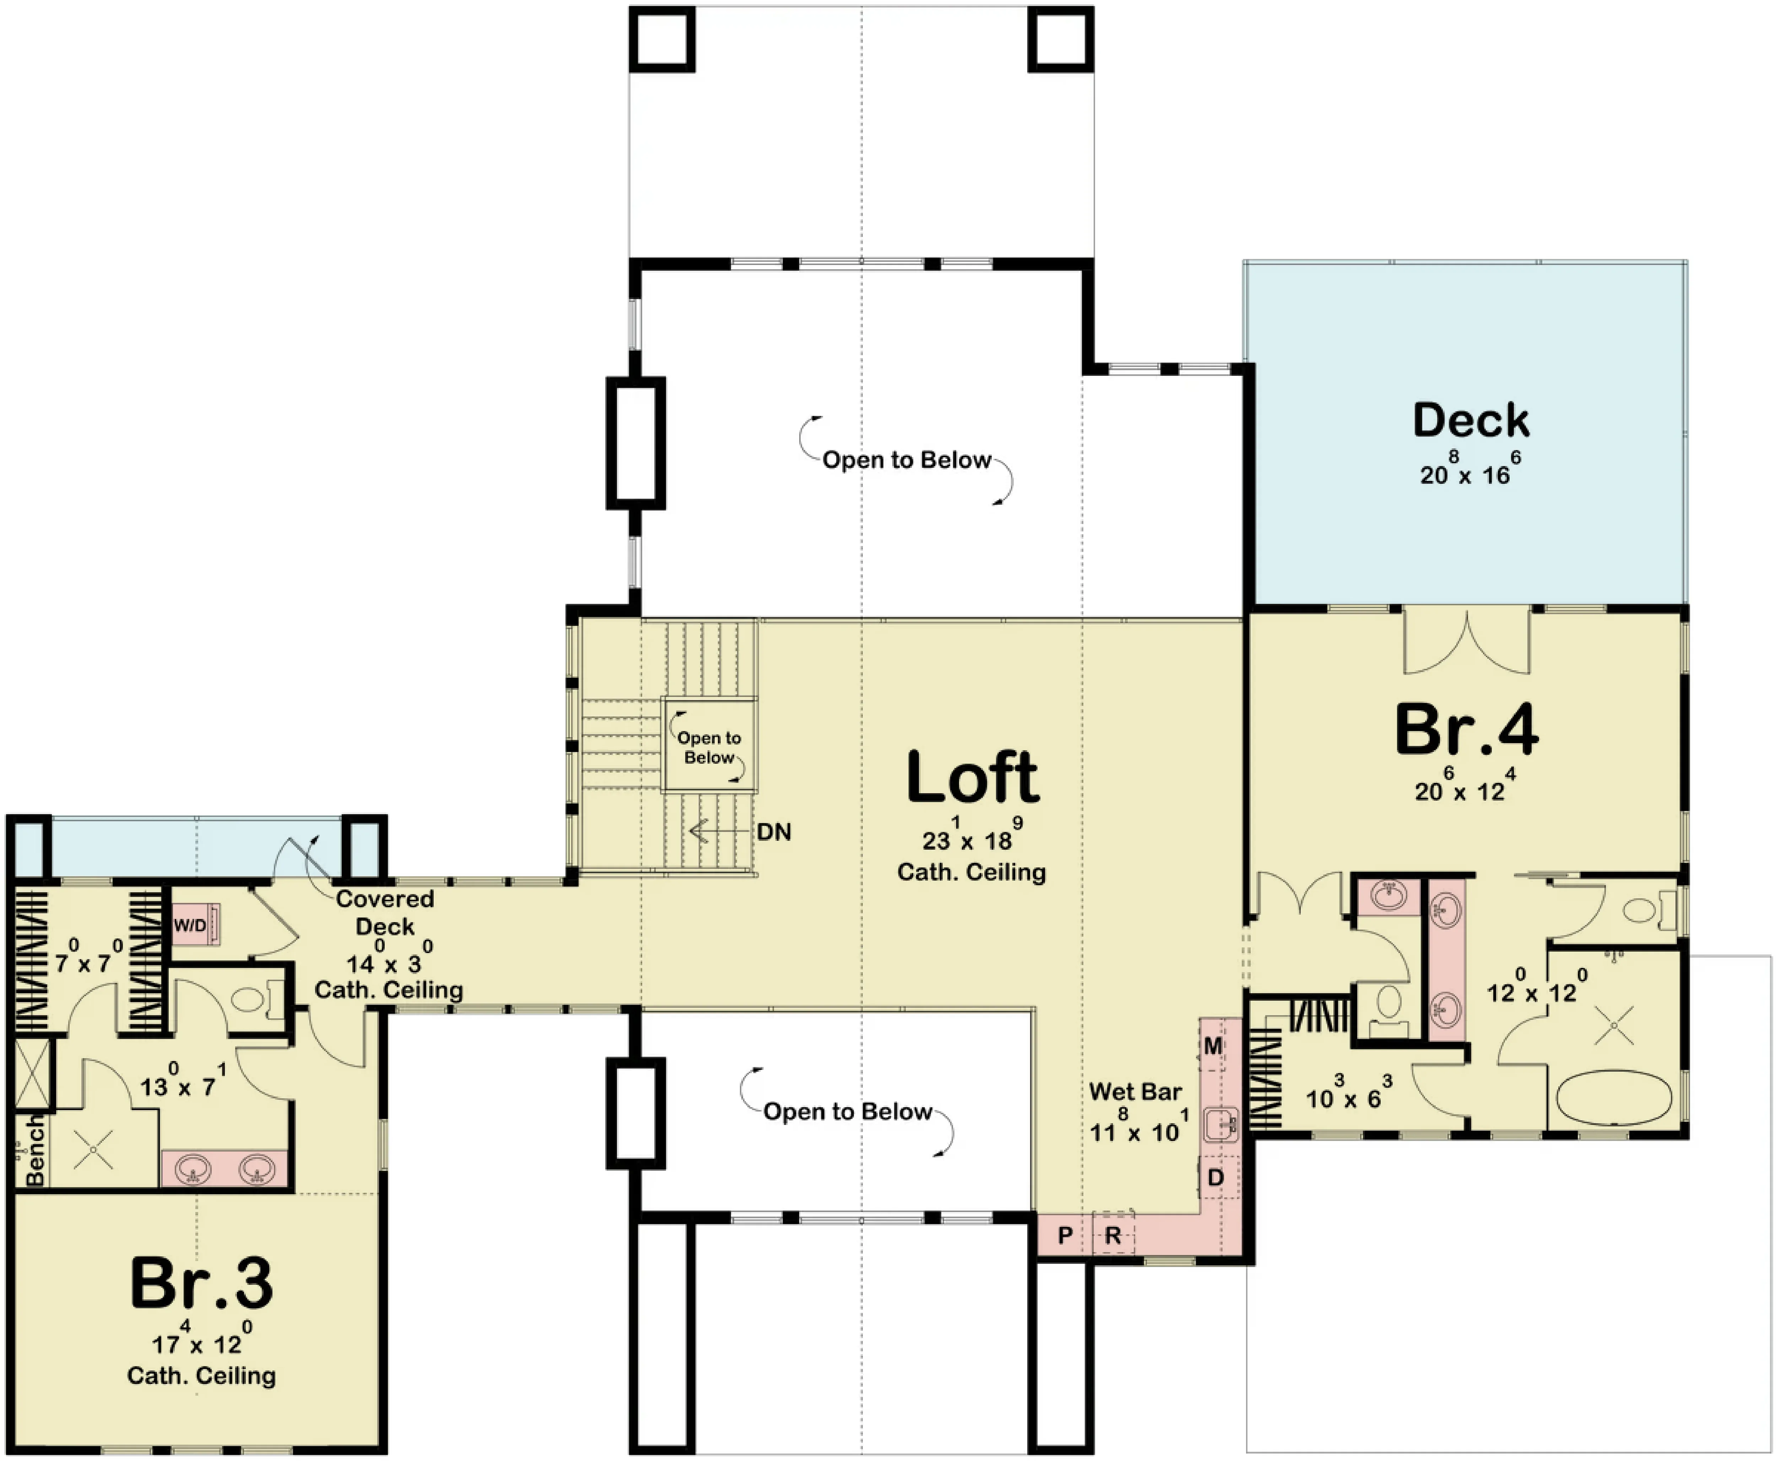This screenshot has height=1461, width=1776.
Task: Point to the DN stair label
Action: [774, 832]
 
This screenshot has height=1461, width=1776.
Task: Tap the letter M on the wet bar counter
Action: [1213, 1046]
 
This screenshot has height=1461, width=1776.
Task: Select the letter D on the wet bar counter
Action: [1215, 1178]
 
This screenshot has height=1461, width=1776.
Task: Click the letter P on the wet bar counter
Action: [1065, 1235]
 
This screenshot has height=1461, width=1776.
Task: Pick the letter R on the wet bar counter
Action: [1113, 1235]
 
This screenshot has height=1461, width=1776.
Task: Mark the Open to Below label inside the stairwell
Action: [709, 747]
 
